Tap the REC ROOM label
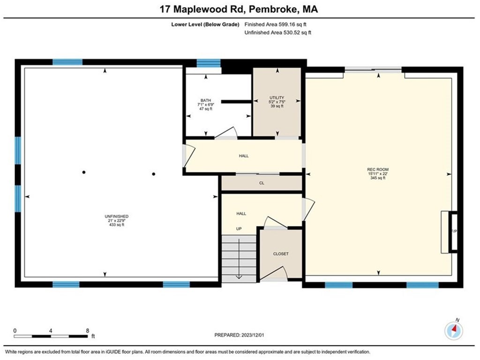point(378,169)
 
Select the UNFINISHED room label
point(116,216)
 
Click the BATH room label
point(206,100)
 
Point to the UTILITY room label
point(276,97)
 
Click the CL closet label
point(262,183)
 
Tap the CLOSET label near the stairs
point(281,254)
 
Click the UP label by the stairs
point(239,229)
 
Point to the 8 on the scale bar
point(88,330)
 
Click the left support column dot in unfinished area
point(84,172)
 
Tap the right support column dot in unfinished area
point(153,173)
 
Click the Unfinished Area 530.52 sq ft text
point(278,33)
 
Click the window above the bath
point(208,63)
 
